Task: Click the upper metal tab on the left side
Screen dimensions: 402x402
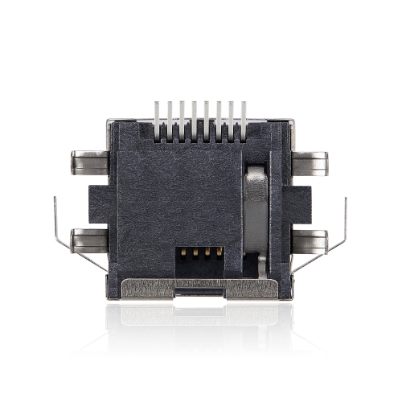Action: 88,162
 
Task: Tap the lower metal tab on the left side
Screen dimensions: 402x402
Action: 88,239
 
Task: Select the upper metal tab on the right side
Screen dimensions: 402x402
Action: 310,164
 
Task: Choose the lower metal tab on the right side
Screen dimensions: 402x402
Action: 310,240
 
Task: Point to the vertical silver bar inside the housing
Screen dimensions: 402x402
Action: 254,213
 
